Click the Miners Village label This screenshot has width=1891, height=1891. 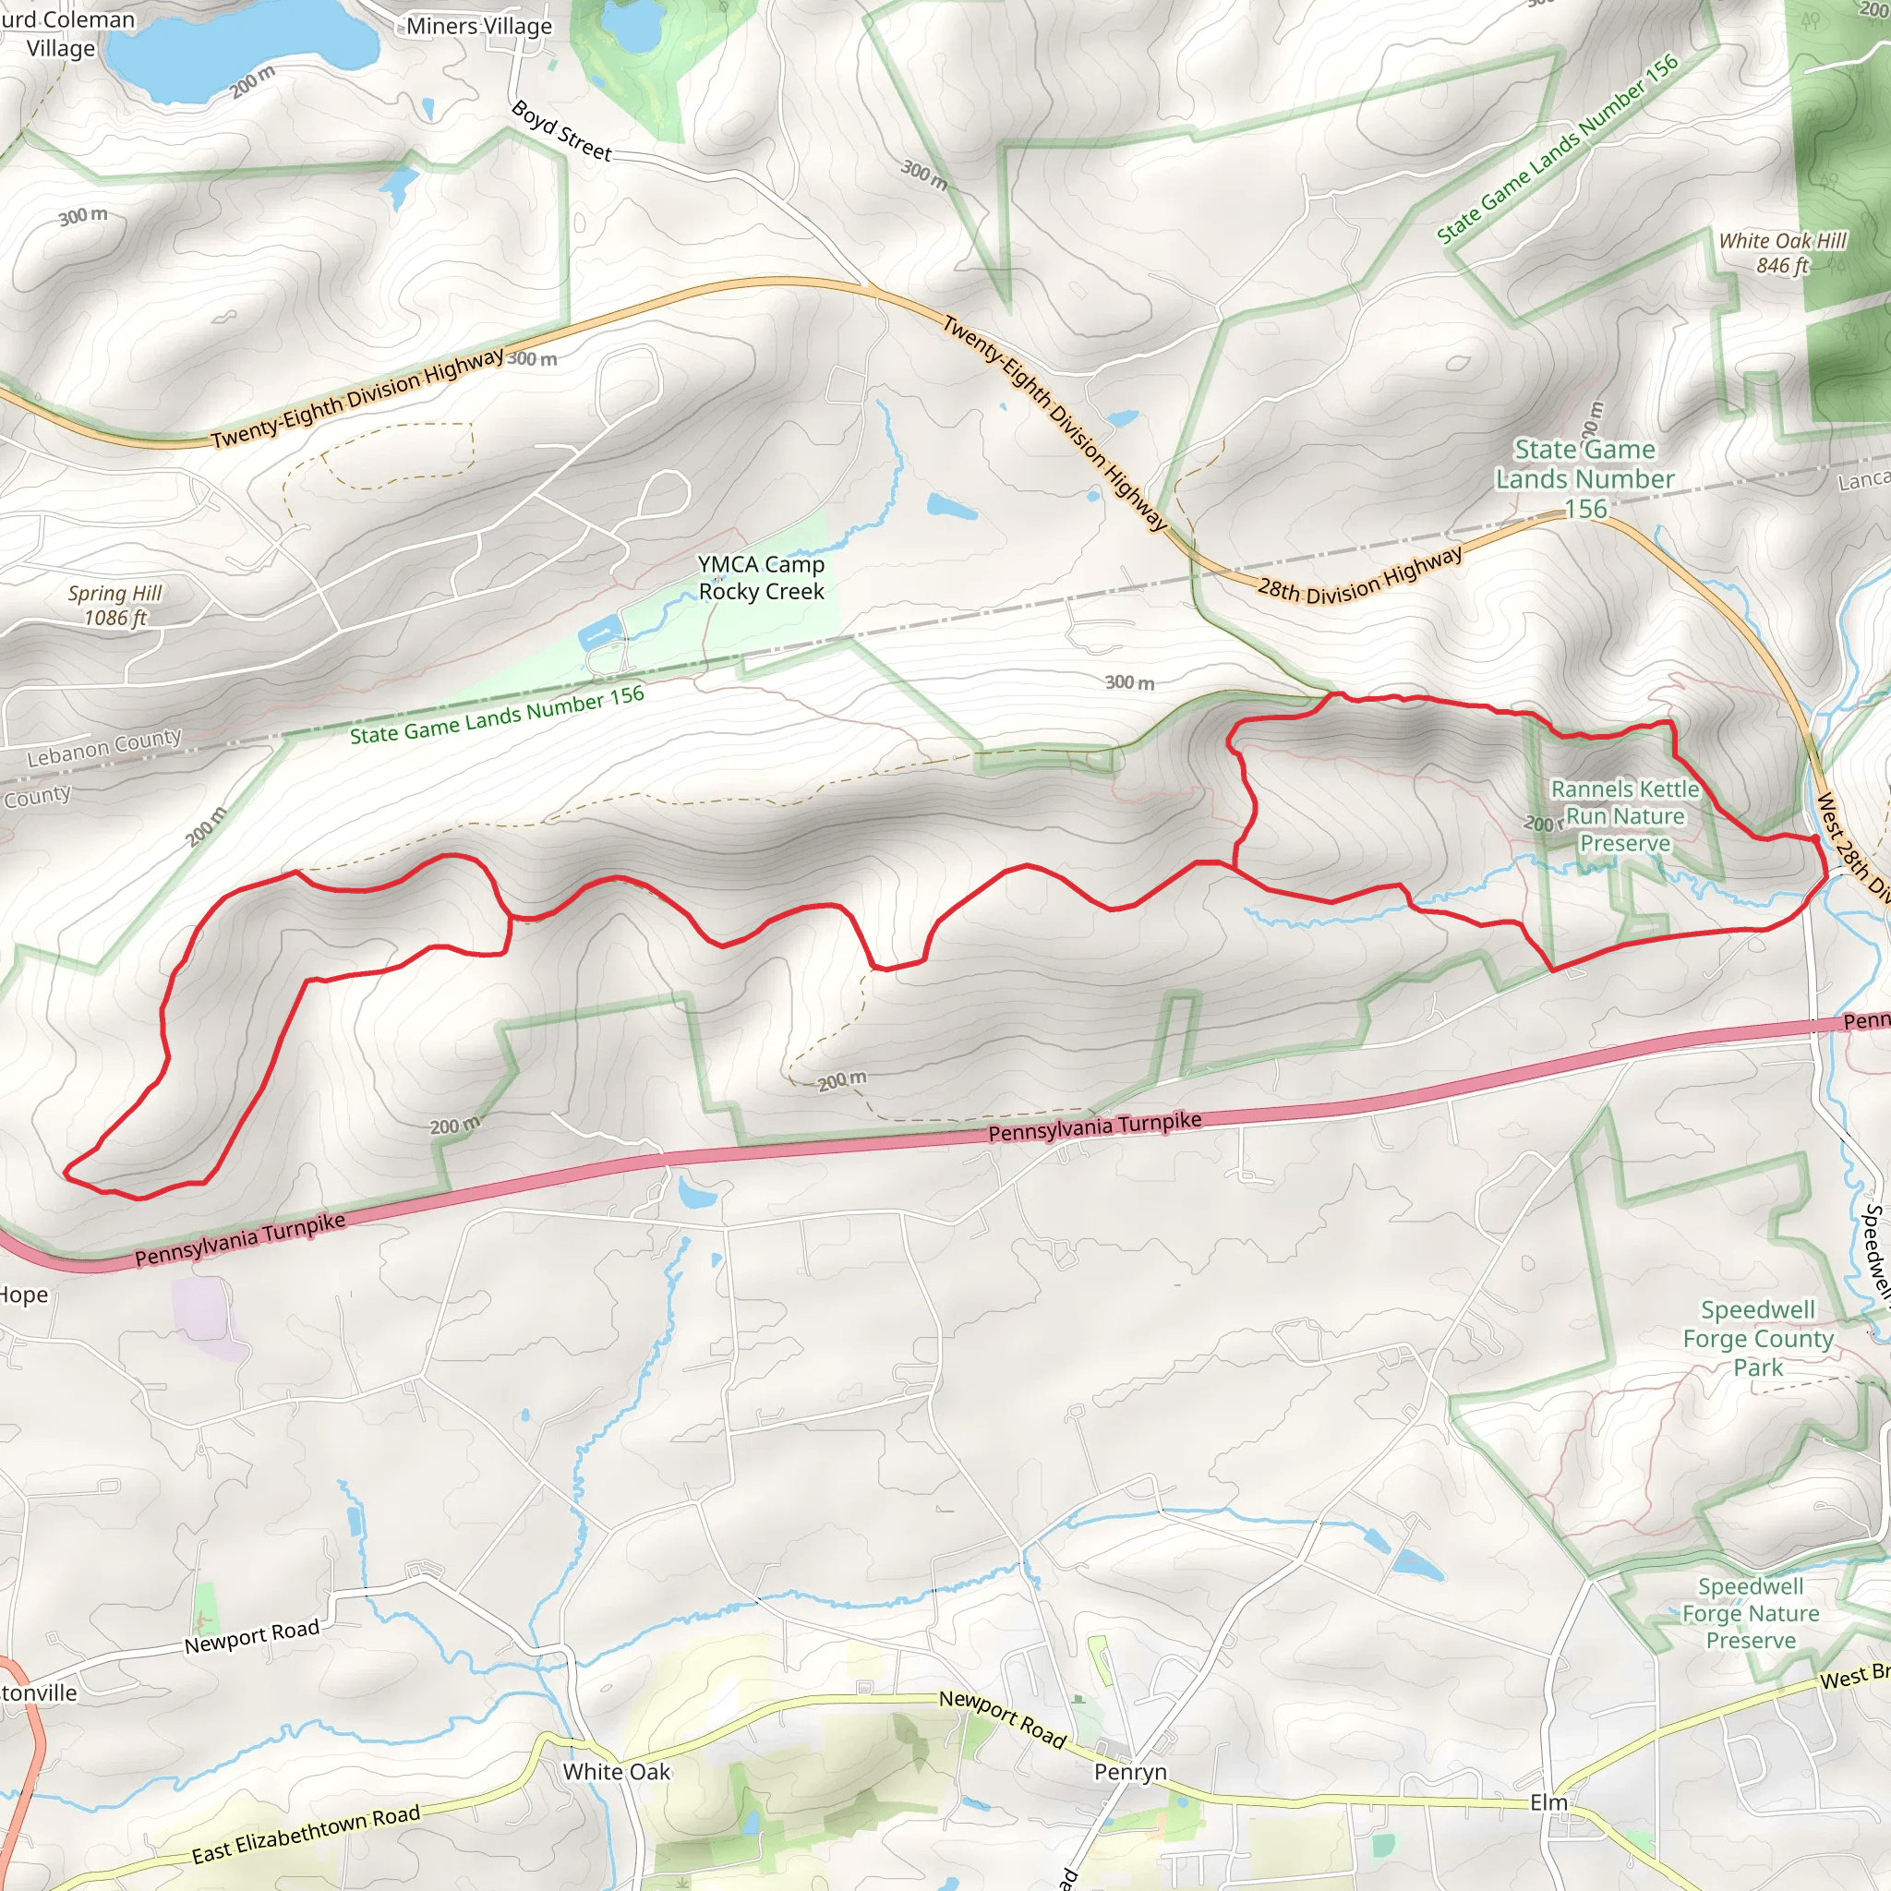click(x=478, y=27)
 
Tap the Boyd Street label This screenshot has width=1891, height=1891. click(x=560, y=131)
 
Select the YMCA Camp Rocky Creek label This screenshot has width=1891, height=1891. click(x=762, y=577)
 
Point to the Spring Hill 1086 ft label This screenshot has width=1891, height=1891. click(x=114, y=605)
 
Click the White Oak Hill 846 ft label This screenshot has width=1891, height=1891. click(x=1782, y=252)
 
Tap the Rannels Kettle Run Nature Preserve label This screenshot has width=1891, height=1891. click(x=1625, y=815)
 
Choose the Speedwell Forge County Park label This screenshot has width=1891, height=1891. click(x=1758, y=1338)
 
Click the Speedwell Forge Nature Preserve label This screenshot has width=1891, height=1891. click(x=1750, y=1613)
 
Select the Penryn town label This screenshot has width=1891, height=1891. click(x=1130, y=1772)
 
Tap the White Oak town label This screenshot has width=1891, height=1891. click(x=617, y=1772)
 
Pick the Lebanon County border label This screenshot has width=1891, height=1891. click(x=103, y=747)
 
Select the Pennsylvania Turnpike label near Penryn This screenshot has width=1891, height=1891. click(x=1094, y=1126)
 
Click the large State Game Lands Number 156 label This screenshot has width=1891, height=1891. click(x=1584, y=478)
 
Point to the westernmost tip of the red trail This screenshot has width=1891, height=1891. click(x=66, y=1171)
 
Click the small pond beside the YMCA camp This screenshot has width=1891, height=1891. click(x=600, y=633)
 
